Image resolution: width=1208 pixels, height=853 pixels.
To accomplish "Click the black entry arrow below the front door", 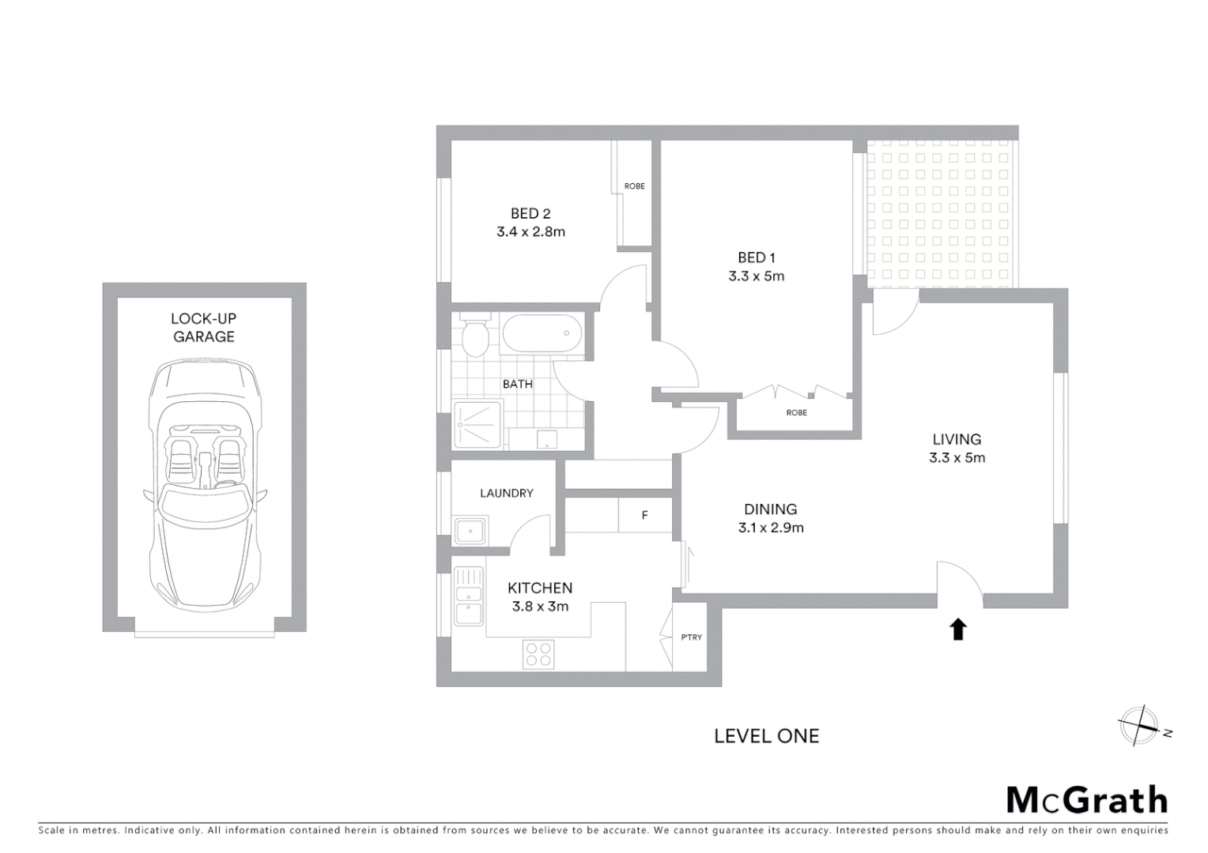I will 958,629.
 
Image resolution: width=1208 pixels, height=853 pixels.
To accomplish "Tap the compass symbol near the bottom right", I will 1139,726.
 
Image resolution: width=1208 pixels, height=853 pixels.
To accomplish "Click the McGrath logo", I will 1086,800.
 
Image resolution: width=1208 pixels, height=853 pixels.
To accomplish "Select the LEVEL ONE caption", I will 766,736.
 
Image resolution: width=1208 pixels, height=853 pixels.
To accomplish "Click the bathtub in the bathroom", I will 542,333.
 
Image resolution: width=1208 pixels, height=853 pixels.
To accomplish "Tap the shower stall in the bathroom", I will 477,425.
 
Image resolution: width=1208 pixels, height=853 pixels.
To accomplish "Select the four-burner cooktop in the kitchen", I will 538,655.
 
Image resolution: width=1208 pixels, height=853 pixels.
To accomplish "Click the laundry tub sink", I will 470,531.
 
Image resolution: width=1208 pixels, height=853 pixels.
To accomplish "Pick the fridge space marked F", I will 644,516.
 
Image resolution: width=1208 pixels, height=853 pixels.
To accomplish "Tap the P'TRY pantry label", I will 691,637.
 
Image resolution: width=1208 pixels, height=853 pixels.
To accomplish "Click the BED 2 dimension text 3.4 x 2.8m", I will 530,232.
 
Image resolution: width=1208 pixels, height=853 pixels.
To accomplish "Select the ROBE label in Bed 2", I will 634,186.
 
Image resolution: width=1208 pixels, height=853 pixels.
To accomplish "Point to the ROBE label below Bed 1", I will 796,413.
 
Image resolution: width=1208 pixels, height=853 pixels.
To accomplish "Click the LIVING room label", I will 957,439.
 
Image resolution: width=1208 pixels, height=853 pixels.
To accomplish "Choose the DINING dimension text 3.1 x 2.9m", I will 771,528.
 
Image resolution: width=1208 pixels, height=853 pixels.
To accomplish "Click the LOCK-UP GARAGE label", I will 204,328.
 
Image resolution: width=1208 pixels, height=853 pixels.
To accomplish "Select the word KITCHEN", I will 540,588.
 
